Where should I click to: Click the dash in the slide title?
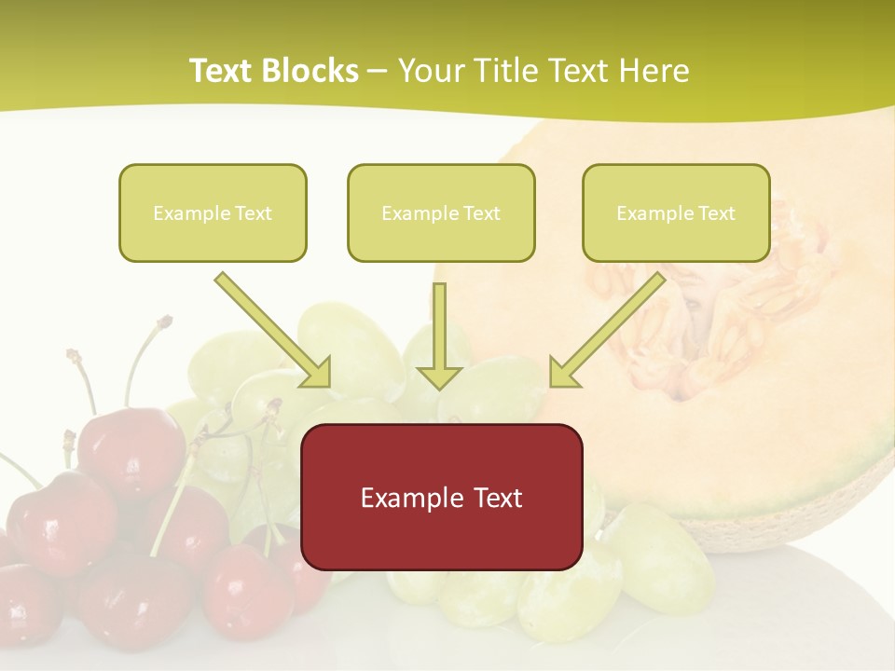coord(378,72)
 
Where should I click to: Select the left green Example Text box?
coord(213,212)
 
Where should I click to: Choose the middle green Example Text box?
coord(441,212)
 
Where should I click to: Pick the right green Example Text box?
coord(676,212)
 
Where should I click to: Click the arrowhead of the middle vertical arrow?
coord(439,376)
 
